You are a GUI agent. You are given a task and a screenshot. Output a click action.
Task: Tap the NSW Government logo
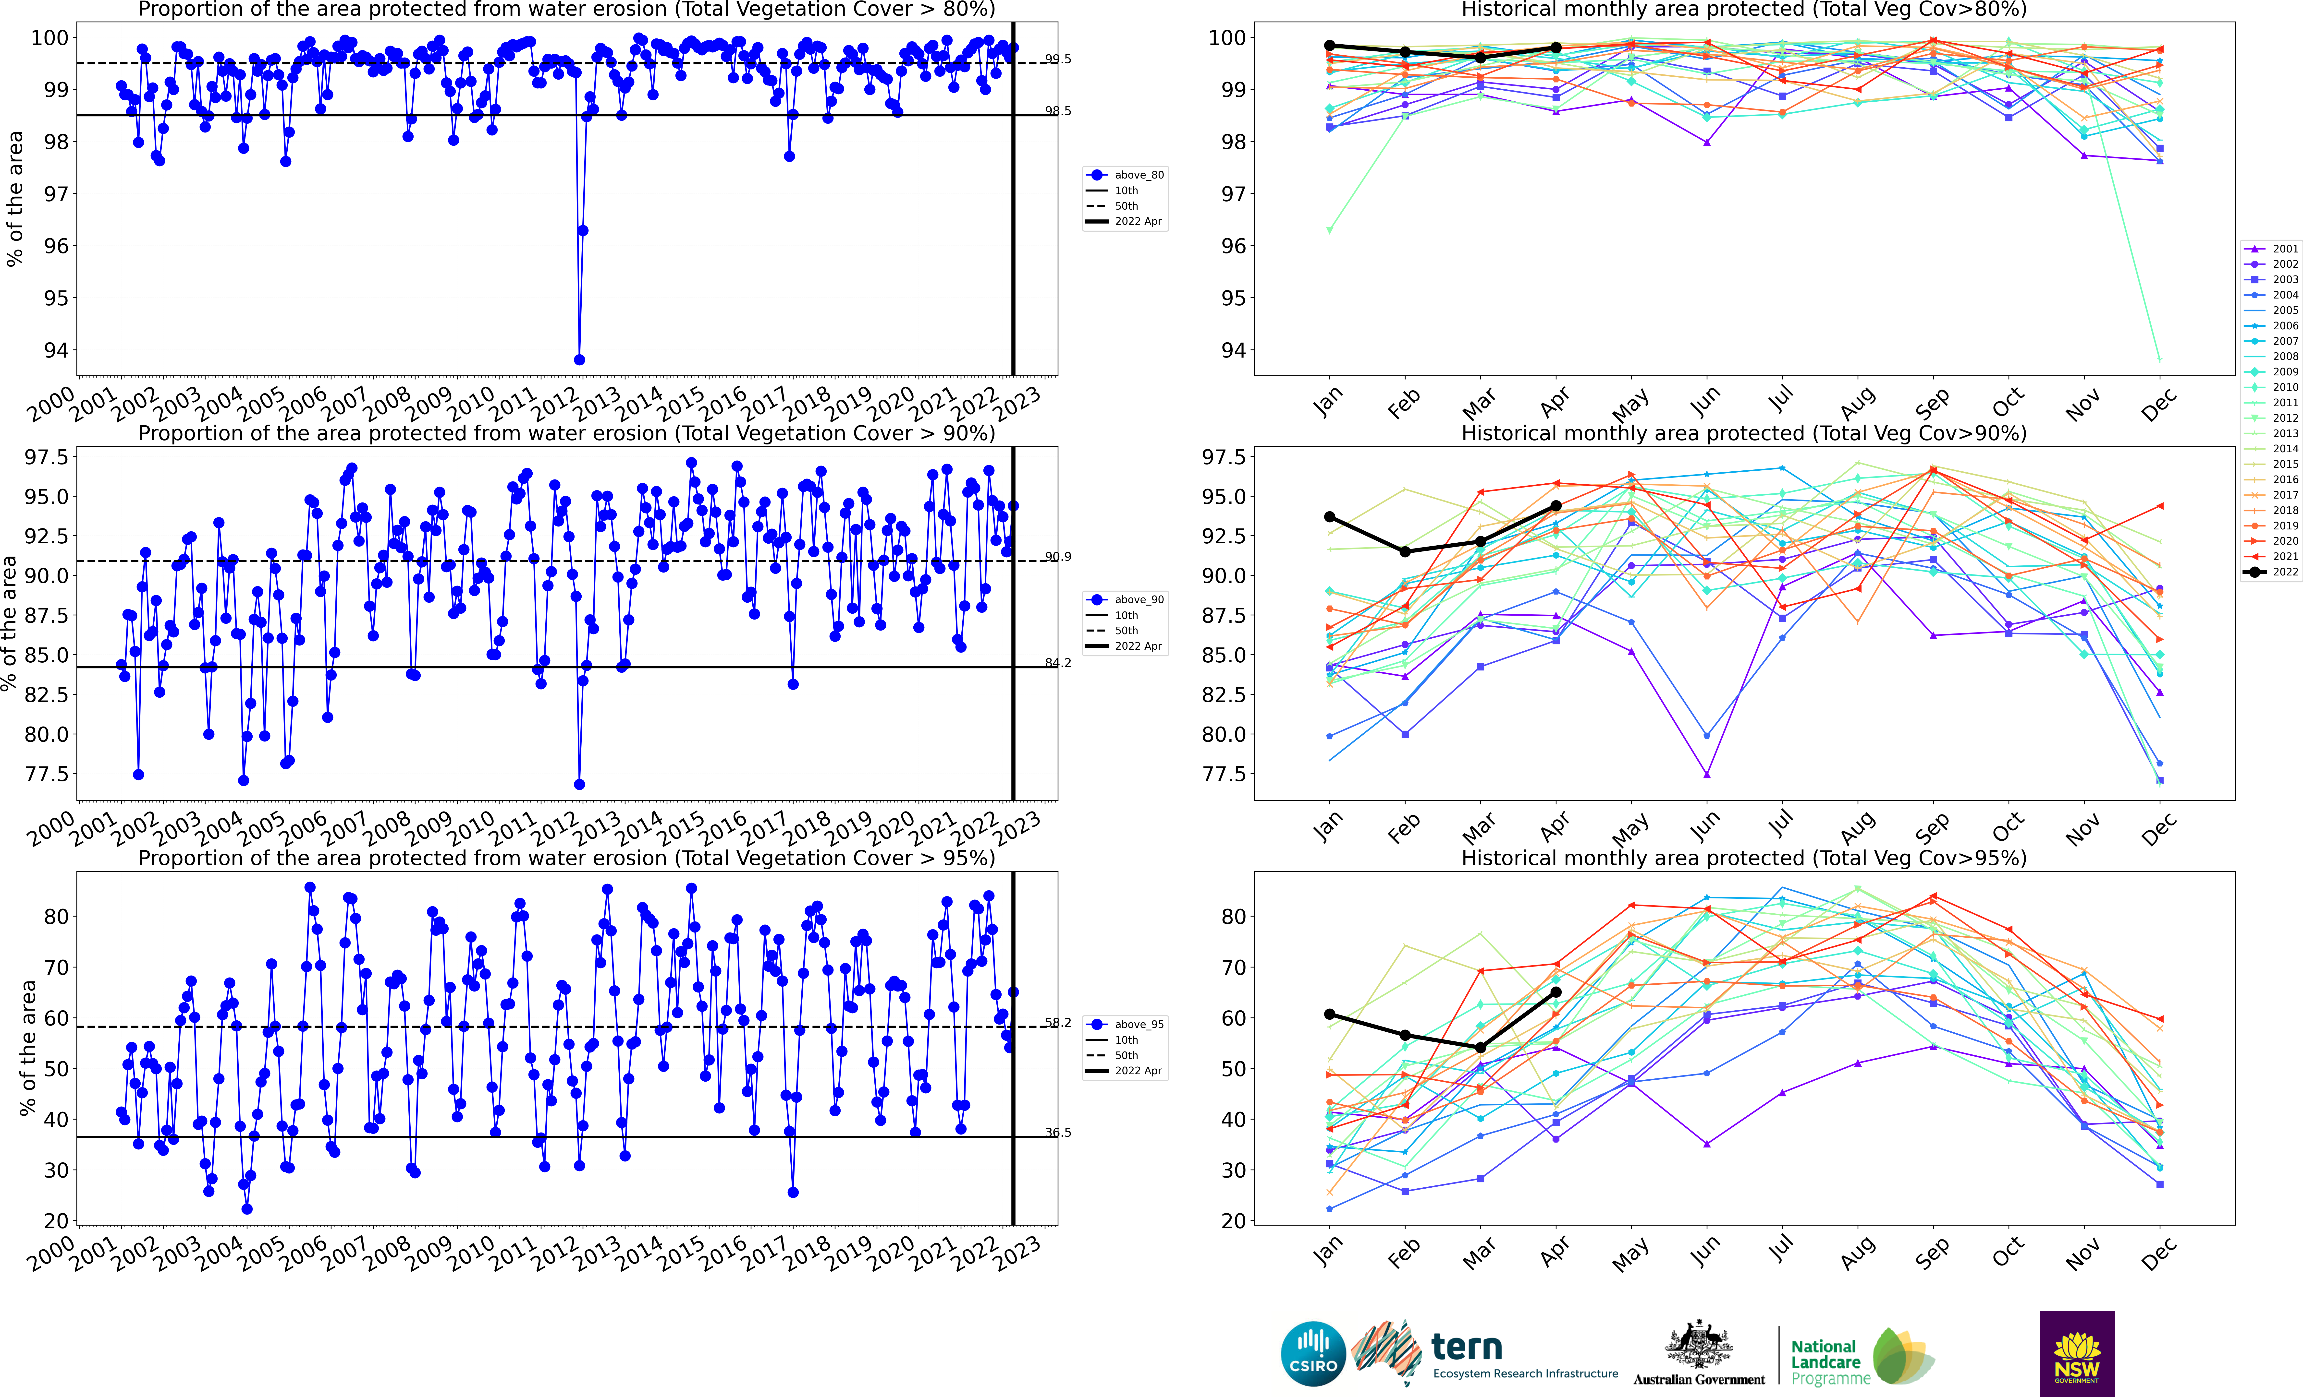point(2077,1353)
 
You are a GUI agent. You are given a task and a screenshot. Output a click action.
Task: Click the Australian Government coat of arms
point(1698,1346)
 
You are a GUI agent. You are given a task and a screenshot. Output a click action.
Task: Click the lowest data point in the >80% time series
point(579,360)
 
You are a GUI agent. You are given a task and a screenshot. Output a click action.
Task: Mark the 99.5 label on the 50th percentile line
point(1058,59)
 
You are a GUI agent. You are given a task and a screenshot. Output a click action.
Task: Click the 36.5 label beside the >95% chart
point(1058,1133)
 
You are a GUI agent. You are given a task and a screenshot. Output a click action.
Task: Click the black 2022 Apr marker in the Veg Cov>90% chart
point(1556,505)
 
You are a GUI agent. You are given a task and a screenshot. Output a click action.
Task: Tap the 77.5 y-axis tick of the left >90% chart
point(47,774)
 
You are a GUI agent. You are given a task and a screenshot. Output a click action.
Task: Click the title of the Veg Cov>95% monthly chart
point(1744,858)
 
